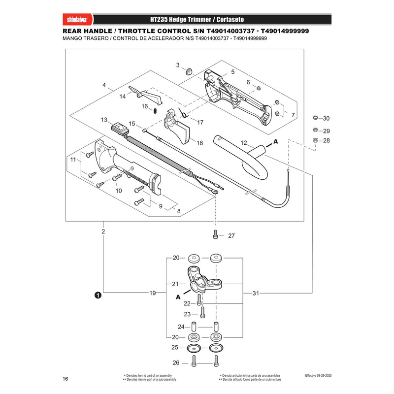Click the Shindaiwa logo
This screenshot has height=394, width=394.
[77, 20]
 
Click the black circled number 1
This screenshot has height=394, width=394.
[98, 295]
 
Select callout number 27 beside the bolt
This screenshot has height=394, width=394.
[231, 236]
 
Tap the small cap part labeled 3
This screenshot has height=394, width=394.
[189, 71]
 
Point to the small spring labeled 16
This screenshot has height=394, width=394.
[155, 110]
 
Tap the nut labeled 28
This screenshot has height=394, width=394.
[315, 140]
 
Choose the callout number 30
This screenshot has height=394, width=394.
[326, 118]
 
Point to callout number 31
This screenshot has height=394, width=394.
[256, 293]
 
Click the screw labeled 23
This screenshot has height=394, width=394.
[202, 313]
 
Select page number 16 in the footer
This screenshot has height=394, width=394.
[66, 379]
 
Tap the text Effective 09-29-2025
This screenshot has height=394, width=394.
[318, 375]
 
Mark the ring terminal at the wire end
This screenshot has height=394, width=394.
[215, 192]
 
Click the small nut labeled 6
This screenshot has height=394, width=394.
[258, 88]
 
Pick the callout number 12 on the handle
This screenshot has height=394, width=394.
[244, 143]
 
